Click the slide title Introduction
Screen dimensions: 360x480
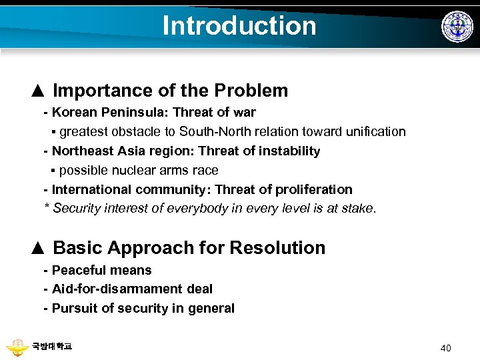239,25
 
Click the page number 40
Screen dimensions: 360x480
446,347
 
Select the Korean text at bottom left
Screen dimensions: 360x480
52,346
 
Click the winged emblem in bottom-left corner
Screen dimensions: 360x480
17,347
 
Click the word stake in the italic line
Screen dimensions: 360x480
360,209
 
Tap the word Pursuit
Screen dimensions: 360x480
73,309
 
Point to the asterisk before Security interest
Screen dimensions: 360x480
47,207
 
